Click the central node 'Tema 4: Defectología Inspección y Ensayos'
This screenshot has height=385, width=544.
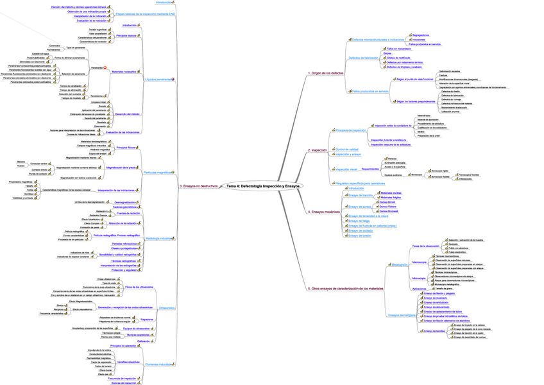pyautogui.click(x=263, y=186)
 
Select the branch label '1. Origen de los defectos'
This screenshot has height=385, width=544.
pyautogui.click(x=326, y=74)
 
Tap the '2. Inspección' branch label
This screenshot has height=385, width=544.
pyautogui.click(x=318, y=150)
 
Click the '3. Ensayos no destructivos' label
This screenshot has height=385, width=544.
pyautogui.click(x=201, y=186)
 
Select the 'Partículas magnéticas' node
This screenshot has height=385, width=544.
pyautogui.click(x=158, y=173)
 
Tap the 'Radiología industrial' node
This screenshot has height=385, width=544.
pyautogui.click(x=158, y=238)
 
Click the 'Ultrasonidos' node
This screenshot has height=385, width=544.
pyautogui.click(x=166, y=308)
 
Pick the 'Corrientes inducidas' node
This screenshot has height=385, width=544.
pyautogui.click(x=158, y=364)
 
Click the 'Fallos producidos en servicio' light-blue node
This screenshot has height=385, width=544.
pyautogui.click(x=371, y=91)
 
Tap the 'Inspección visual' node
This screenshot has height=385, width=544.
pyautogui.click(x=347, y=169)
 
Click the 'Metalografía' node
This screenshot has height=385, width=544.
pyautogui.click(x=399, y=264)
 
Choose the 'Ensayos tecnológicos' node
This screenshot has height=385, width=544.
pyautogui.click(x=402, y=315)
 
